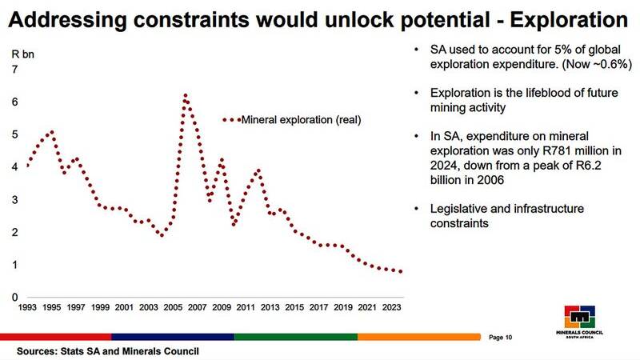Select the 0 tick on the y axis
(14, 298)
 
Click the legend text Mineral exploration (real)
(302, 120)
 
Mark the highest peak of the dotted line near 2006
(185, 95)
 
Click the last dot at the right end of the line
(401, 272)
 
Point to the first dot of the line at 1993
(28, 165)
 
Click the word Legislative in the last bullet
(458, 209)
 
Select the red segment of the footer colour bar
(55, 337)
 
